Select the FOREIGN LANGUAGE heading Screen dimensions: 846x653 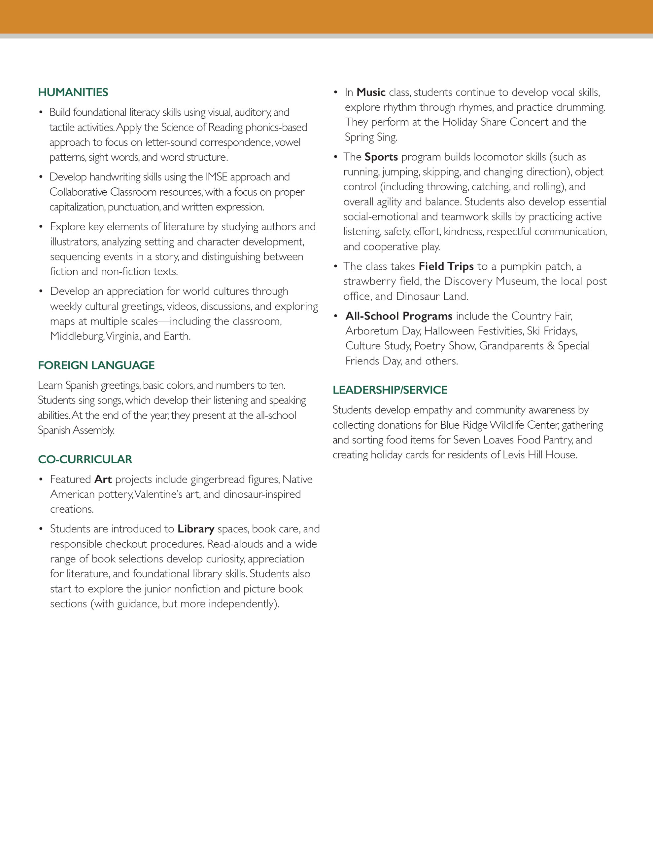coord(96,365)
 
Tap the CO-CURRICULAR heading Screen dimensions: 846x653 coord(85,459)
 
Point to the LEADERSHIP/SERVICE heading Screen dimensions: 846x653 coord(390,390)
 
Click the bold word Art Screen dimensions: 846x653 coord(103,480)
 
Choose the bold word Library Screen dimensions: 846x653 coord(196,529)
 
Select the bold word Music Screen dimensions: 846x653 coord(371,92)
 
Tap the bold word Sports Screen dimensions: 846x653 coord(381,157)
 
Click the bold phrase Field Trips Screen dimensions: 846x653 coord(446,266)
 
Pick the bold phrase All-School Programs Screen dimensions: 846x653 coord(399,316)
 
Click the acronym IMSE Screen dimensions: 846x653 coord(216,177)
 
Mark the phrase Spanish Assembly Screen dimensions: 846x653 coord(76,430)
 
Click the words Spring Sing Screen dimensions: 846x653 coord(370,137)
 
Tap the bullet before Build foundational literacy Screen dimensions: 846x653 coord(41,112)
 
